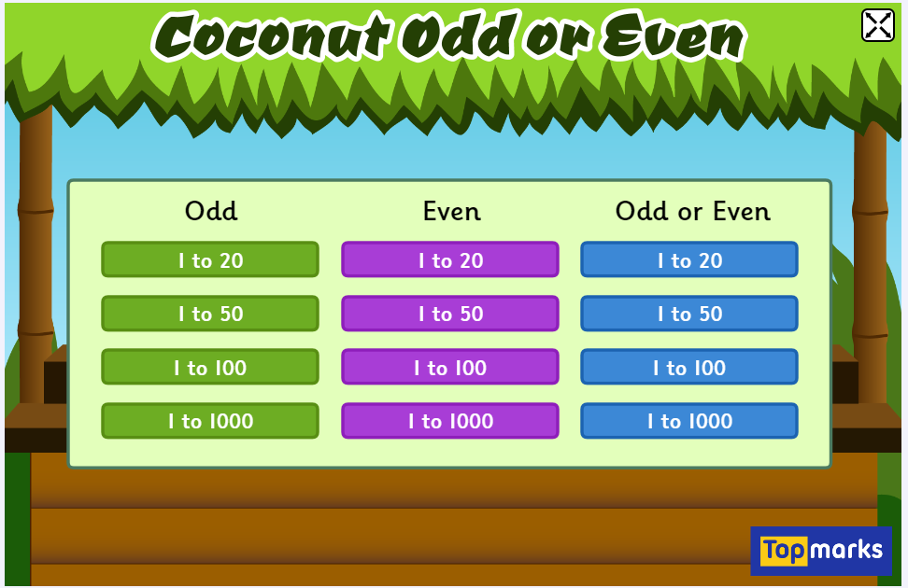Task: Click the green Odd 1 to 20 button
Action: (x=210, y=259)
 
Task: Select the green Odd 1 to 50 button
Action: (x=210, y=314)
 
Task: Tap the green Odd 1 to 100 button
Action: (x=210, y=367)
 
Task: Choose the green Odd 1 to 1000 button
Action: (x=210, y=421)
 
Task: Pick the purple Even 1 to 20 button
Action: (x=450, y=259)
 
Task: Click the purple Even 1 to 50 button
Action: (x=450, y=314)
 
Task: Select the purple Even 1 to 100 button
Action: (x=450, y=367)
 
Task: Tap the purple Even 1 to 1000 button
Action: (x=450, y=421)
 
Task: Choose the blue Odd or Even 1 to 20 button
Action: (x=689, y=259)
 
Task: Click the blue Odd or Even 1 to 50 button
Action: (x=689, y=314)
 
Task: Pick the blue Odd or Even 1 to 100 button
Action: (x=689, y=367)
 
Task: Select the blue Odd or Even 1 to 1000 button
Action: (x=689, y=421)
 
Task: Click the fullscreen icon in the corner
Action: (x=878, y=25)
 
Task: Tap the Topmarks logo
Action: (x=821, y=550)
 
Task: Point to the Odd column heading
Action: (x=211, y=211)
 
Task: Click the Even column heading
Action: (x=452, y=211)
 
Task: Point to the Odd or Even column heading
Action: (x=693, y=211)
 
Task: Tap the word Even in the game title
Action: (x=673, y=37)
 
